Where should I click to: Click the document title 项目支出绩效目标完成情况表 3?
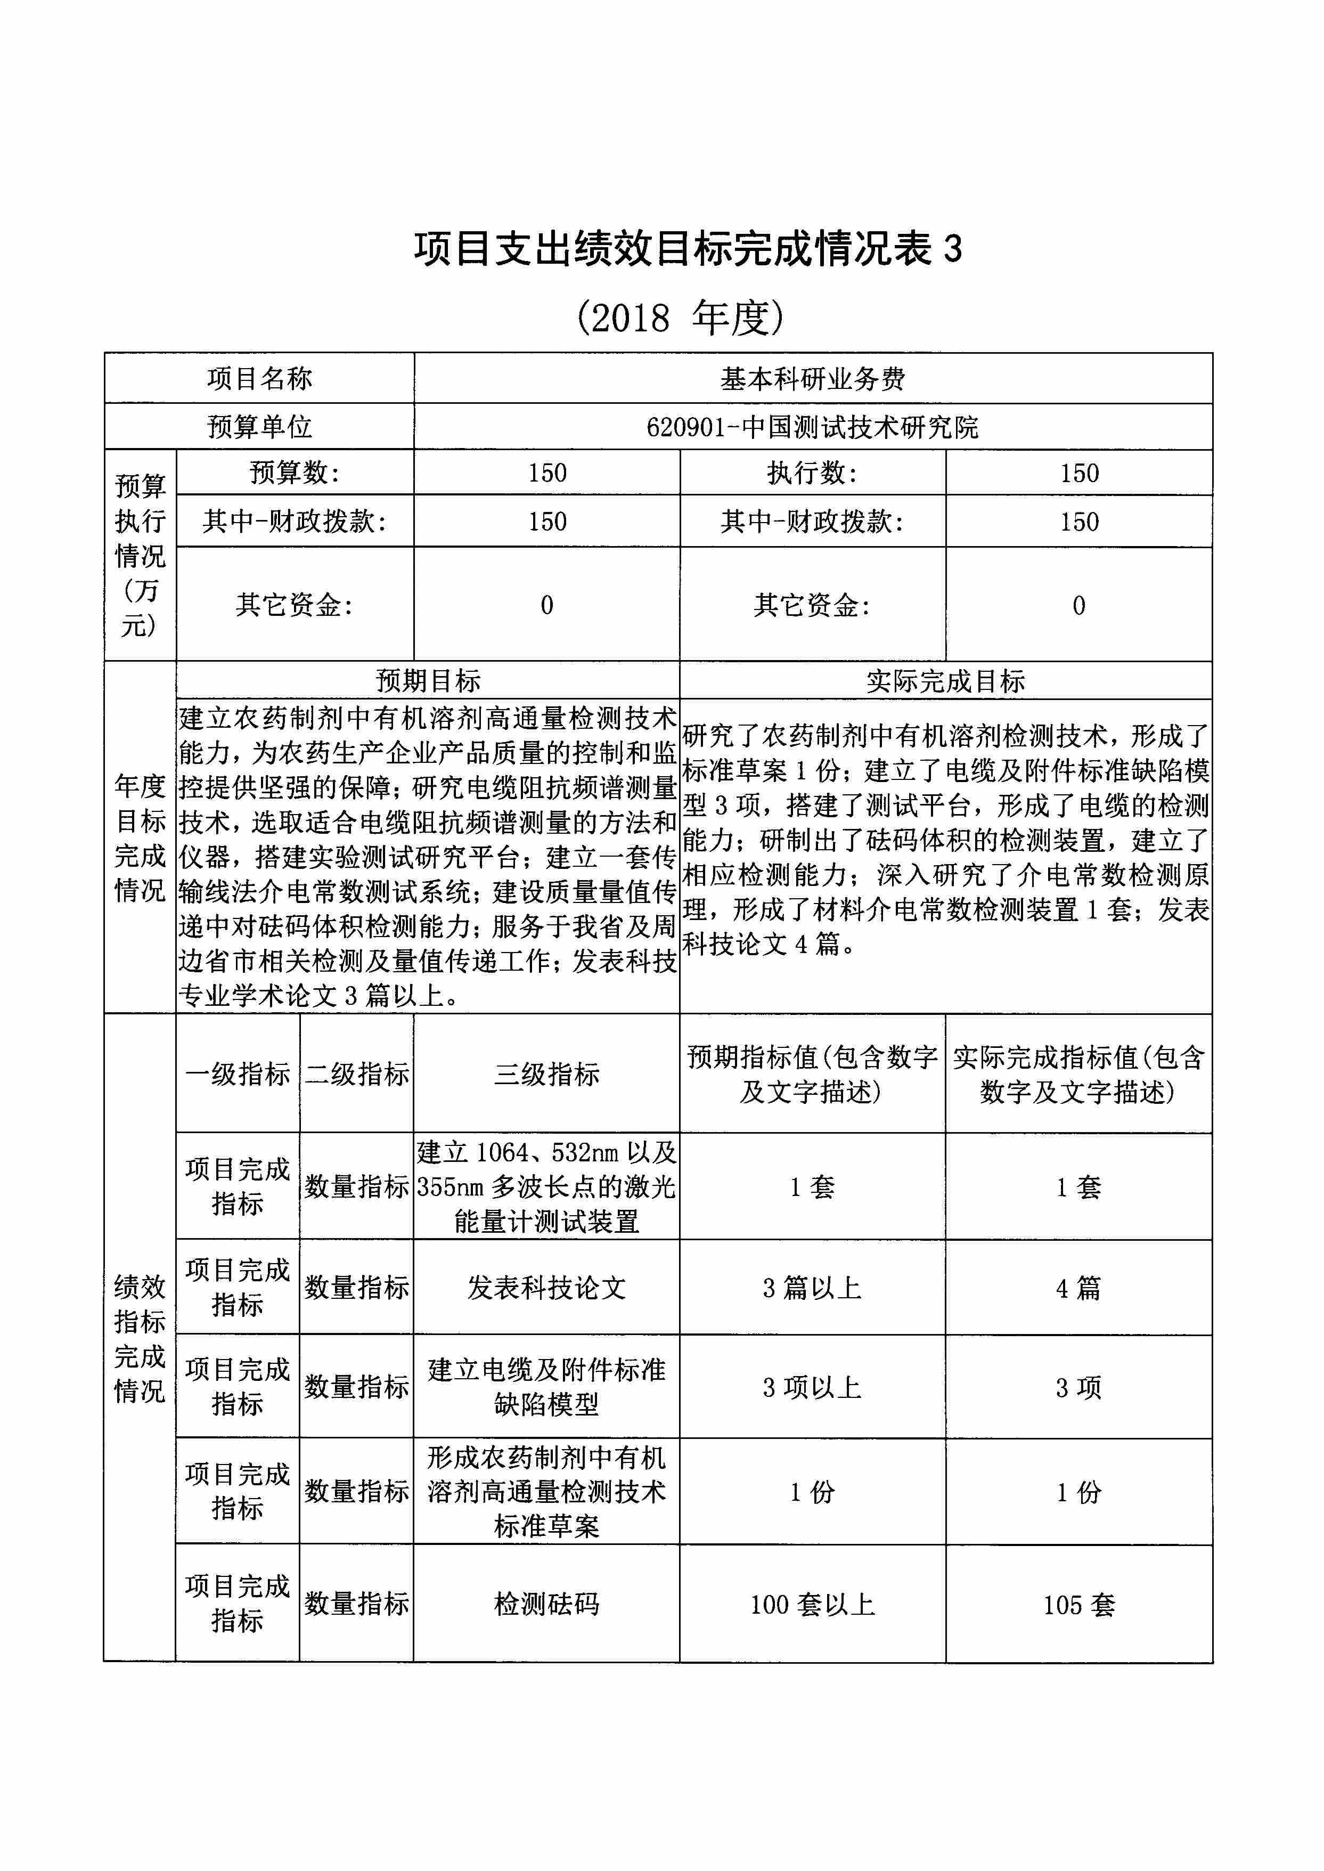click(x=687, y=249)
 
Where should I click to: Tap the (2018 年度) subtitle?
click(x=680, y=318)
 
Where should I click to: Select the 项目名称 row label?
click(x=259, y=378)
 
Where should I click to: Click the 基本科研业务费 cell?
click(x=812, y=378)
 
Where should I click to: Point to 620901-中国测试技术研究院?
click(x=812, y=427)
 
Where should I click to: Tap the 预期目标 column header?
click(x=428, y=680)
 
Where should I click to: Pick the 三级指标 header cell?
click(x=546, y=1074)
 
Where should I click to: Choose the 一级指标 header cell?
click(x=237, y=1074)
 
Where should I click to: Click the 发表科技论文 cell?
click(x=546, y=1288)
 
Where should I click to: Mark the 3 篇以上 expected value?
click(x=812, y=1288)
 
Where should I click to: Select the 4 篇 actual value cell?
click(x=1078, y=1288)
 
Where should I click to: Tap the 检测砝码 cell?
click(x=546, y=1604)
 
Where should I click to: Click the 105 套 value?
click(x=1078, y=1604)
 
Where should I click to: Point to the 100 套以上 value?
click(x=812, y=1604)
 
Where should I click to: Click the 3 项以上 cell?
click(x=812, y=1387)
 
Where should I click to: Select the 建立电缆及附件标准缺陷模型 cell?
click(x=546, y=1387)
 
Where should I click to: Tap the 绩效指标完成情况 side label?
click(x=140, y=1338)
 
